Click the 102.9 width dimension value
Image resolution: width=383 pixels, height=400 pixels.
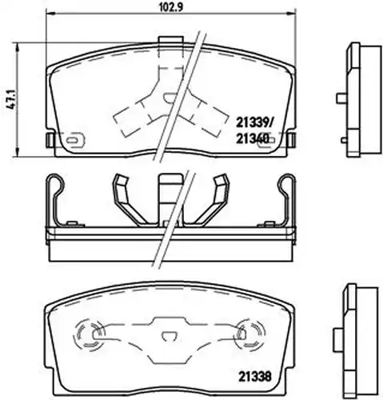pos(171,7)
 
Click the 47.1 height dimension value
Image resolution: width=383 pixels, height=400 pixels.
pos(11,99)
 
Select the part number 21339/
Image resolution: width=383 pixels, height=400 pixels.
pos(253,123)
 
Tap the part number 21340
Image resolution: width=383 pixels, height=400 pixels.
pos(252,139)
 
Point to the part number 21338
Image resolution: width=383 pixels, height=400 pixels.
pos(254,376)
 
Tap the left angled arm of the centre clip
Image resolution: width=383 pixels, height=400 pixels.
pos(127,200)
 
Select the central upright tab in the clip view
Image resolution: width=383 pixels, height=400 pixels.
pos(170,198)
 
